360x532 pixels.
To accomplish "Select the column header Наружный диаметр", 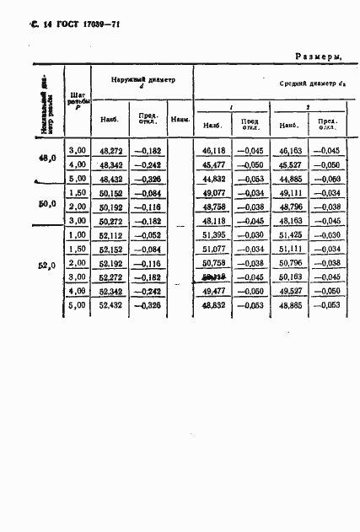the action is click(142, 80).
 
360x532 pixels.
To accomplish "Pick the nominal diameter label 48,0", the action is click(47, 158).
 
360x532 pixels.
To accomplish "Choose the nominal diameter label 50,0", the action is click(47, 204).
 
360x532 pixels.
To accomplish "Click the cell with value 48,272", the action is click(111, 149).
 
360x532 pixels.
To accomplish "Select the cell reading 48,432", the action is click(111, 180).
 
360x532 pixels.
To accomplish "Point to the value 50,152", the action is click(111, 193).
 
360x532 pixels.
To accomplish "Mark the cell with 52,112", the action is click(111, 235).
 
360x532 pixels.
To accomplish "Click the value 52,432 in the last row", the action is click(111, 305).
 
